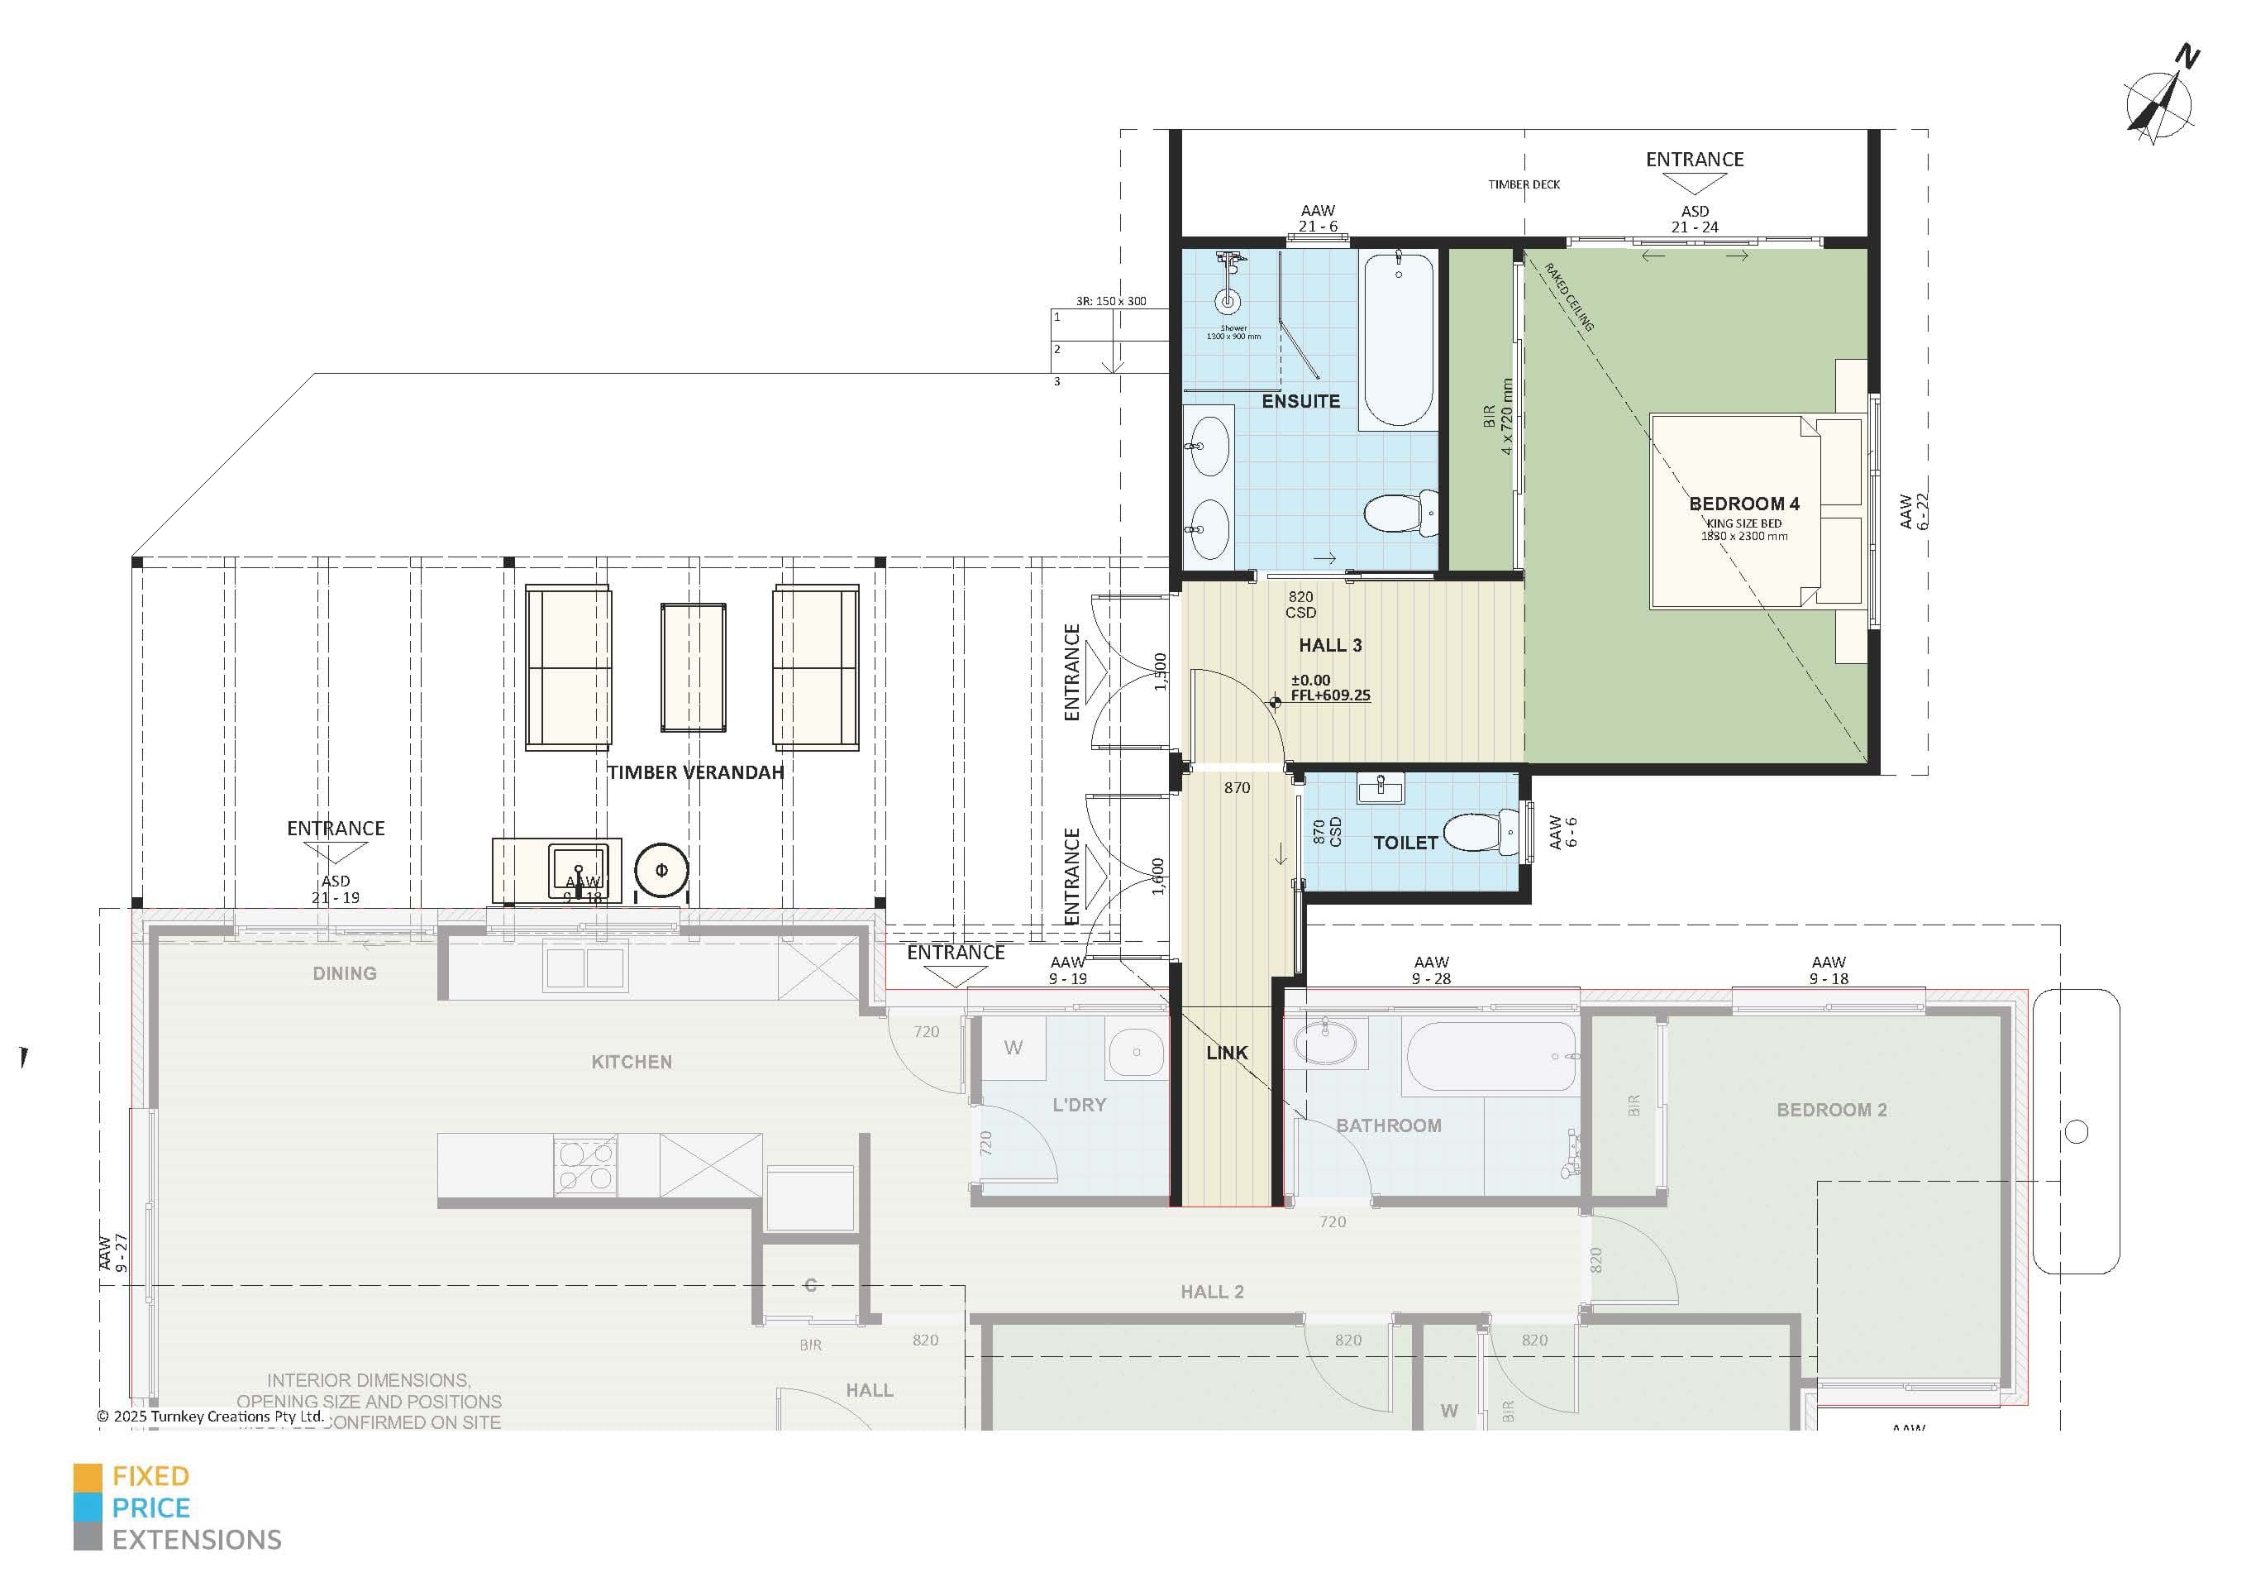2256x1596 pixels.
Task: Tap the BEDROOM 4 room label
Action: [x=1744, y=503]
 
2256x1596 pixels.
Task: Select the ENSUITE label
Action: [x=1300, y=401]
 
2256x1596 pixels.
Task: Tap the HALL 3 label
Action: [x=1329, y=645]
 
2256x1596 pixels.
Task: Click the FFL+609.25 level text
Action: [x=1329, y=695]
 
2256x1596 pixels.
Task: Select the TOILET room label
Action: [x=1405, y=842]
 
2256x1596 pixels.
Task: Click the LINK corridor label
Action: [x=1226, y=1053]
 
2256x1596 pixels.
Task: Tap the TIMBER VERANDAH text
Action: [x=694, y=772]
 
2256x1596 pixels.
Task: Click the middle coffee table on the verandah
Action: [x=694, y=667]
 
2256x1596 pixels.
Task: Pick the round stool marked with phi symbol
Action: [x=661, y=870]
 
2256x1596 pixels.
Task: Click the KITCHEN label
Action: [x=631, y=1061]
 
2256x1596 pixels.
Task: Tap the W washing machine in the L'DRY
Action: [x=1013, y=1048]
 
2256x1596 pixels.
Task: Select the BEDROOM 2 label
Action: [x=1830, y=1110]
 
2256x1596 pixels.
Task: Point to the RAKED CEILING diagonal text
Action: [x=1568, y=297]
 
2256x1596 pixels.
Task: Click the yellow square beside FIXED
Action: [x=88, y=1477]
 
